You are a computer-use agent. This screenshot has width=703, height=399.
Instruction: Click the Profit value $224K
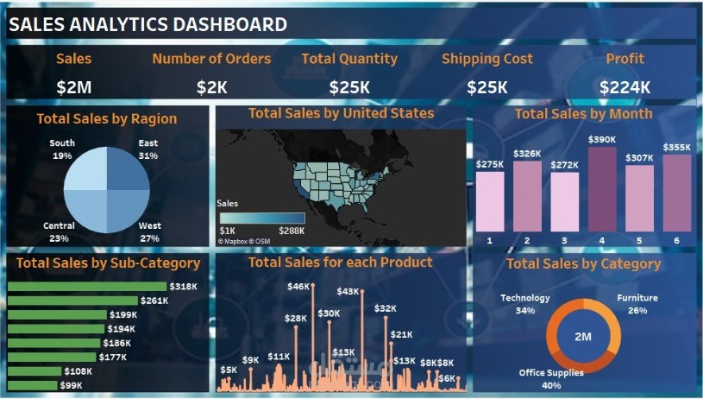tap(625, 87)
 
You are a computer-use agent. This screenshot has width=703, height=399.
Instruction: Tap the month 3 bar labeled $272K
tap(565, 202)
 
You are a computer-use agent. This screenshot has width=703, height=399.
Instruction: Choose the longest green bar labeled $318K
tap(86, 286)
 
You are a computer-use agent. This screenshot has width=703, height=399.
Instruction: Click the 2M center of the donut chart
tap(583, 336)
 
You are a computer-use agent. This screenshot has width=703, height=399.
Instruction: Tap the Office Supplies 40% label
tap(551, 378)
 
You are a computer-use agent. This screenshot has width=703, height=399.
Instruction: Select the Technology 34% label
tap(524, 304)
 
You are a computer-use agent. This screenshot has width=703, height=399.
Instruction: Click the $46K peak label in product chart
tap(298, 286)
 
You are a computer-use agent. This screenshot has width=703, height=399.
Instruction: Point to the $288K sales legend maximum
tap(291, 231)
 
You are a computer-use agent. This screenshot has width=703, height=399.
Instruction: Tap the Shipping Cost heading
tap(487, 59)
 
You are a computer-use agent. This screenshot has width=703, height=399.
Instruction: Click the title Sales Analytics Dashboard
tap(148, 25)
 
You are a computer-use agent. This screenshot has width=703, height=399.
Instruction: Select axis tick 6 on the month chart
tap(676, 240)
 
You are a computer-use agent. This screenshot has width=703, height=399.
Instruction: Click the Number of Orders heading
tap(211, 59)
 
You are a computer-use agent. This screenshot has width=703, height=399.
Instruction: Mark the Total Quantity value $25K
tap(349, 87)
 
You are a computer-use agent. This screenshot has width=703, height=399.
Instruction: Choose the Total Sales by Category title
tap(583, 263)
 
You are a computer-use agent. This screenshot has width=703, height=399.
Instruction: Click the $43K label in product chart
tap(348, 292)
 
